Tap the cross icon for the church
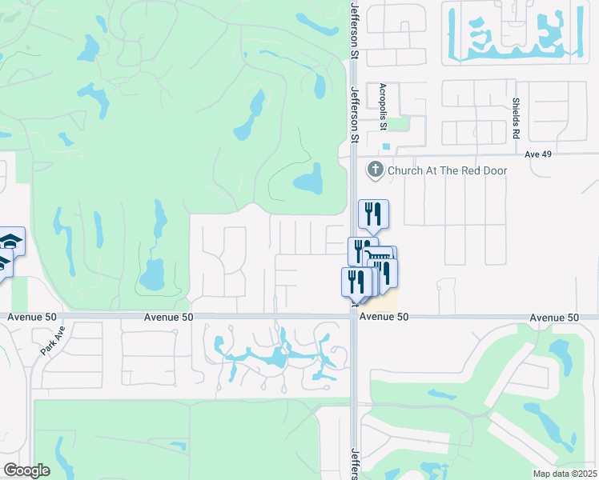coord(375,170)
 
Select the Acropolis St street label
coord(384,106)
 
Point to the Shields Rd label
coord(516,115)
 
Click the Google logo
coord(26,470)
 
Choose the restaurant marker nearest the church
coord(373,213)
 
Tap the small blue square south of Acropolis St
coord(388,146)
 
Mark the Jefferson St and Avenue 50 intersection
coord(353,317)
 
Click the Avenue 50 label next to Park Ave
coord(32,317)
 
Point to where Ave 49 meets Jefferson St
coord(353,155)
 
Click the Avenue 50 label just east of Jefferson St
coord(384,318)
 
